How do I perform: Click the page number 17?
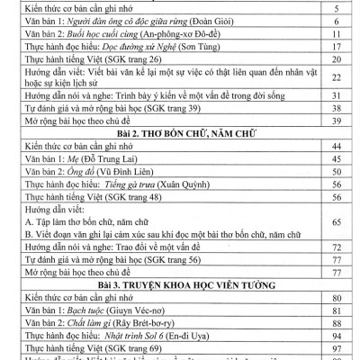pyautogui.click(x=334, y=55)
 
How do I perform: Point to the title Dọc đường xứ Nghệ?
pyautogui.click(x=134, y=55)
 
